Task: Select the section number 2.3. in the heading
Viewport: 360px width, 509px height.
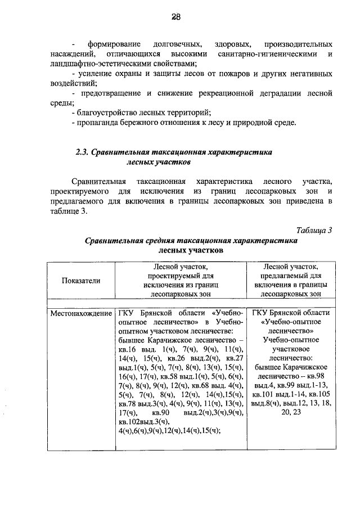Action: (x=84, y=152)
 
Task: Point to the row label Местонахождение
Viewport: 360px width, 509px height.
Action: (x=80, y=313)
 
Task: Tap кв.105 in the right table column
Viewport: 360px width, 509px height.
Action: (x=318, y=394)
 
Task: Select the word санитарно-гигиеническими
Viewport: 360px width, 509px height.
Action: (x=267, y=53)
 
